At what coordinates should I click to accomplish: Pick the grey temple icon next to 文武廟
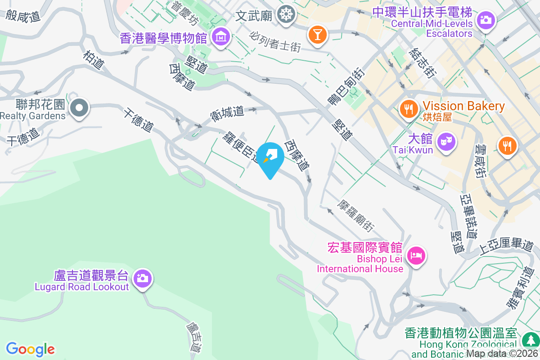(x=285, y=14)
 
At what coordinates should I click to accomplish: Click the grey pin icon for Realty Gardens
(x=79, y=108)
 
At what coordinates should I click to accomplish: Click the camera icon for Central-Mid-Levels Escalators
(x=485, y=20)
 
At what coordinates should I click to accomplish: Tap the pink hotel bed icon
(x=416, y=256)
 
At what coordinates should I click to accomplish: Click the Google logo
(x=31, y=349)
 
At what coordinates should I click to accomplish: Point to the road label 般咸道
(x=23, y=16)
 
